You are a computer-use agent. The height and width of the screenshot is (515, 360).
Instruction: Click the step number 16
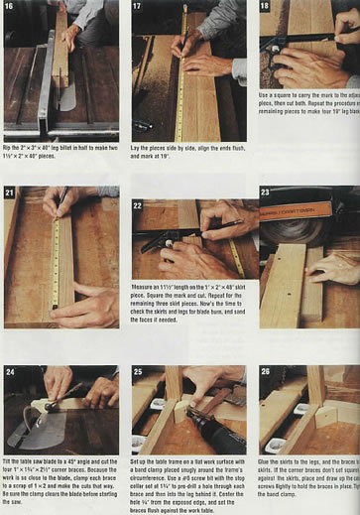click(x=11, y=7)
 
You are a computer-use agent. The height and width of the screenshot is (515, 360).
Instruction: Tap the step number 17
click(x=138, y=7)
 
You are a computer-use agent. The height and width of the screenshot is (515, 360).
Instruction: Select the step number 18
click(x=265, y=7)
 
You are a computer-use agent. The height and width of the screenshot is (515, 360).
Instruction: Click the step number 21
click(x=11, y=193)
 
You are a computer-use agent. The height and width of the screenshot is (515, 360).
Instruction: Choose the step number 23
click(x=265, y=193)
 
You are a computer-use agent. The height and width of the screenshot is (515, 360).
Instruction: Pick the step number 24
click(x=11, y=372)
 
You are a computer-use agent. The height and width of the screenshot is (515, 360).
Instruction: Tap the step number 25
click(x=138, y=372)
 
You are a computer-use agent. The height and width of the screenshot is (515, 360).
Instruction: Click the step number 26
click(x=265, y=372)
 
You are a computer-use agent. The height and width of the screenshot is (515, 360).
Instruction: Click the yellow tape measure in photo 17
click(x=181, y=79)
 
